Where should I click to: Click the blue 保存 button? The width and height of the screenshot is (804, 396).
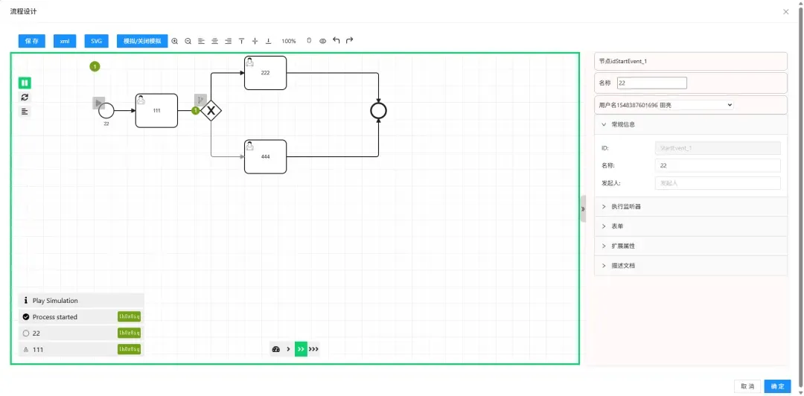(x=32, y=41)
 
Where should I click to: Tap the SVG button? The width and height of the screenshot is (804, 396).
(x=96, y=41)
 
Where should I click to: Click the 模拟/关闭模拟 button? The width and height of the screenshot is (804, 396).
(x=142, y=41)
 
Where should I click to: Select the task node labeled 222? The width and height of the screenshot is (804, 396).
(x=265, y=73)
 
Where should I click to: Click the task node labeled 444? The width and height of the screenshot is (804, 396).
(x=265, y=156)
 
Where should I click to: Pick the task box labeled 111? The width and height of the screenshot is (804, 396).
(x=156, y=110)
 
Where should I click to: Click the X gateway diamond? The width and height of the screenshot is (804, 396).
(x=211, y=111)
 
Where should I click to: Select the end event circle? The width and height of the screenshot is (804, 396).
(x=379, y=111)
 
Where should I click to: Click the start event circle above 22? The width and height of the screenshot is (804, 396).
(x=106, y=111)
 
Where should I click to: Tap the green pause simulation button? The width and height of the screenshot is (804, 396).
(x=25, y=83)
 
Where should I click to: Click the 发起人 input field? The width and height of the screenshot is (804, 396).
(x=718, y=182)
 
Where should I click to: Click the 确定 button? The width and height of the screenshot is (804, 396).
(x=777, y=386)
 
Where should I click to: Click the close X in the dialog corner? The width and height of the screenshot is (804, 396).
(x=786, y=11)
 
